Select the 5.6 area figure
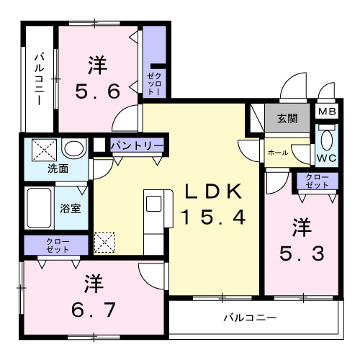point(98,91)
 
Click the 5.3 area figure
point(301,253)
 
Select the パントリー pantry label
point(136,145)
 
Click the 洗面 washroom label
point(58,169)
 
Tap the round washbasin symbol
point(72,149)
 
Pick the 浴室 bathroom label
point(70,211)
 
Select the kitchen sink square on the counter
point(154,204)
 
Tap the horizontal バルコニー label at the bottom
point(250,317)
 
